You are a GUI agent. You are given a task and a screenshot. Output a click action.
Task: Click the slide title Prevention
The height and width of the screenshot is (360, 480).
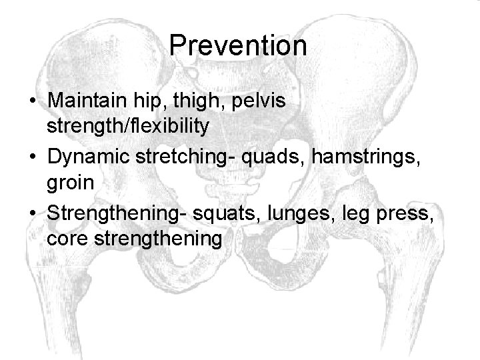238,46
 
